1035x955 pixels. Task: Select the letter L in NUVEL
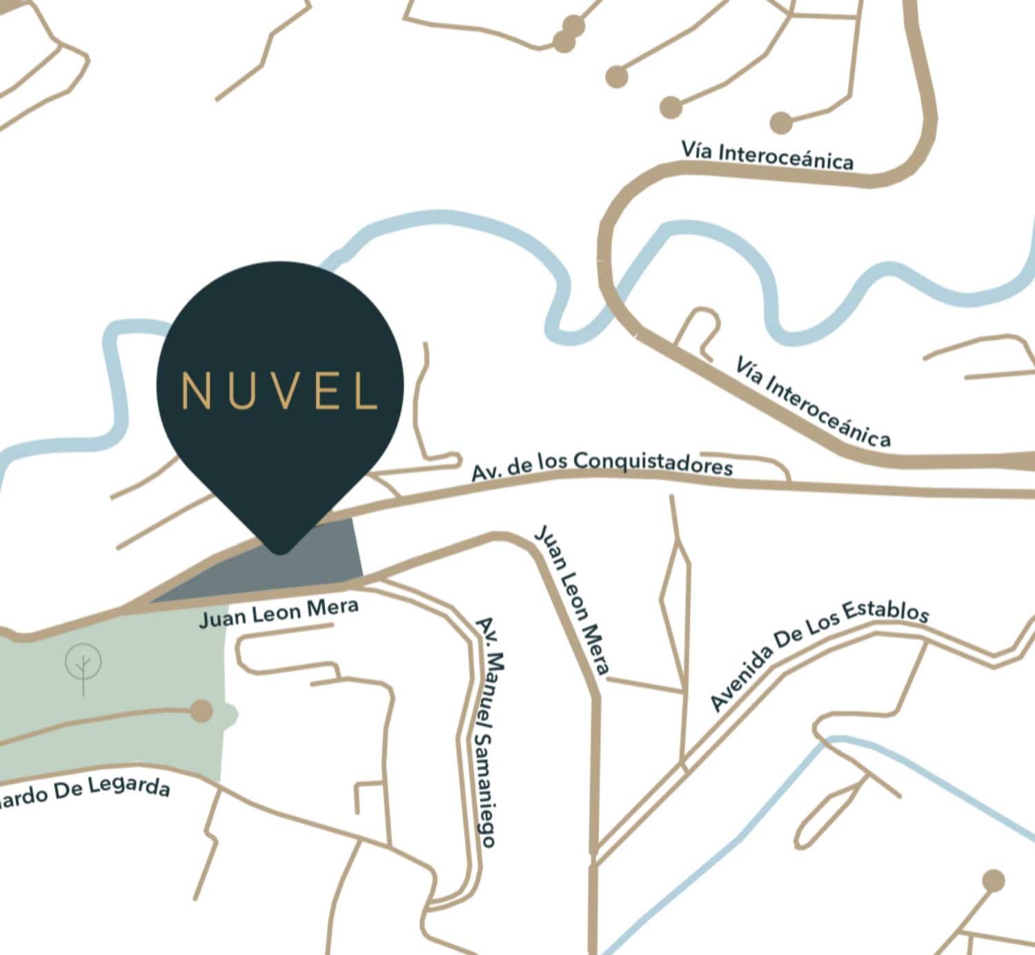click(366, 391)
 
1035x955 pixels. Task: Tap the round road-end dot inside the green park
click(201, 711)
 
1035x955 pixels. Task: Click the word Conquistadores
click(652, 462)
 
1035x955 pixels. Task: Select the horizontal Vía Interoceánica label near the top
click(767, 155)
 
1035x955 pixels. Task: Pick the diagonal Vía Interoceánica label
click(812, 401)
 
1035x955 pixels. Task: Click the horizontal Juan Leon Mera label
click(279, 612)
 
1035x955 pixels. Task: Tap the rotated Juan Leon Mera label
click(572, 599)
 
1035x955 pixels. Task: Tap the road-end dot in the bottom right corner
click(993, 880)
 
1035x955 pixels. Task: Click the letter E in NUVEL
click(325, 391)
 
